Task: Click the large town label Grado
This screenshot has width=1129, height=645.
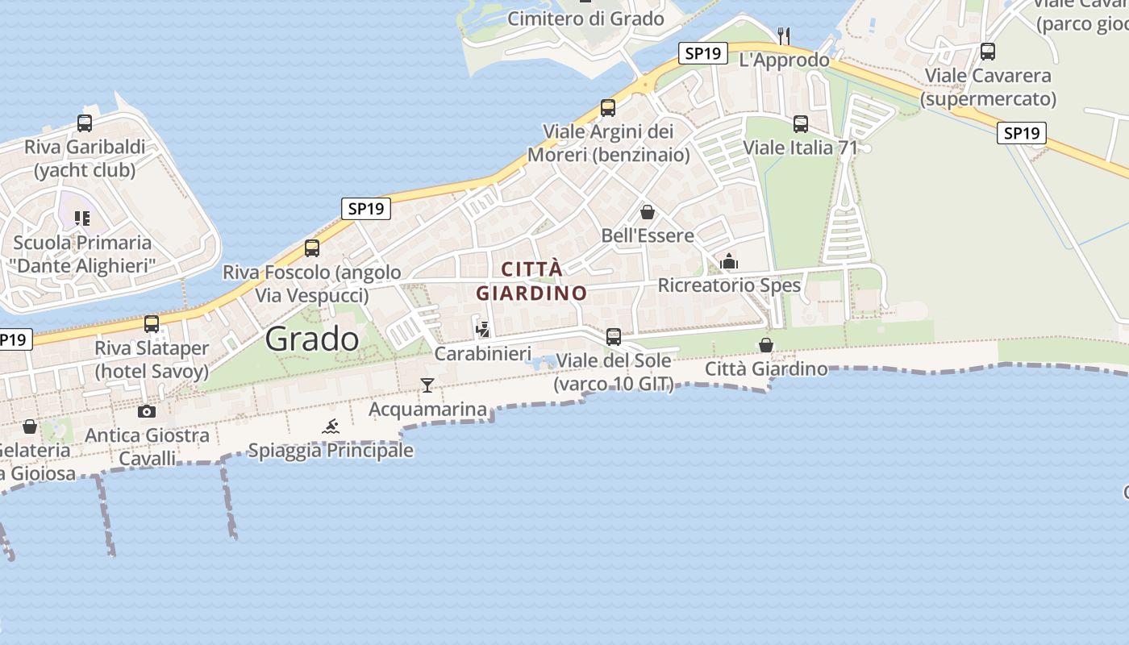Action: (312, 339)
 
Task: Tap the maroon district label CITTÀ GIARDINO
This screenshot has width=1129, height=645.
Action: (531, 281)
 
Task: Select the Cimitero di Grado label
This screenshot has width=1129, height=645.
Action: (586, 19)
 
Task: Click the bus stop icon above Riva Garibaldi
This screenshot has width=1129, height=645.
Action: (85, 123)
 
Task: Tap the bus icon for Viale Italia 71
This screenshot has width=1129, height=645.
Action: (801, 124)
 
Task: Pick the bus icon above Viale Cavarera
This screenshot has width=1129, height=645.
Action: (988, 52)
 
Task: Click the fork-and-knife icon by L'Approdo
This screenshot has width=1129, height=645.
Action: (783, 35)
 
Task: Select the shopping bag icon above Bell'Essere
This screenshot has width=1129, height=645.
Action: (647, 212)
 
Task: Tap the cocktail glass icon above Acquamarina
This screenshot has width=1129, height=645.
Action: (427, 385)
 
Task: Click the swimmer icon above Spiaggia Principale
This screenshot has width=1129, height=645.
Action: (331, 427)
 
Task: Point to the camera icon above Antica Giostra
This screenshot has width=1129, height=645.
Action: (147, 412)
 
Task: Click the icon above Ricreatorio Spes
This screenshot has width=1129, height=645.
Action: (729, 261)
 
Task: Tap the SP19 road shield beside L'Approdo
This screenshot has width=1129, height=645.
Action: (702, 54)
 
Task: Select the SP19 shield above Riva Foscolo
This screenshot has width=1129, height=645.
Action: (365, 209)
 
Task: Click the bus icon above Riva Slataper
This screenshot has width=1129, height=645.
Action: (152, 324)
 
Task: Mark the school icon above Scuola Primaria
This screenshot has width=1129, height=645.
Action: (81, 218)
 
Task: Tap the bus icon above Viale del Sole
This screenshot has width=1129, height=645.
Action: (614, 336)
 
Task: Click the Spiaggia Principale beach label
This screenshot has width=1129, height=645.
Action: (331, 451)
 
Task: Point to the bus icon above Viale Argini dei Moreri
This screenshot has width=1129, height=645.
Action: (608, 107)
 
